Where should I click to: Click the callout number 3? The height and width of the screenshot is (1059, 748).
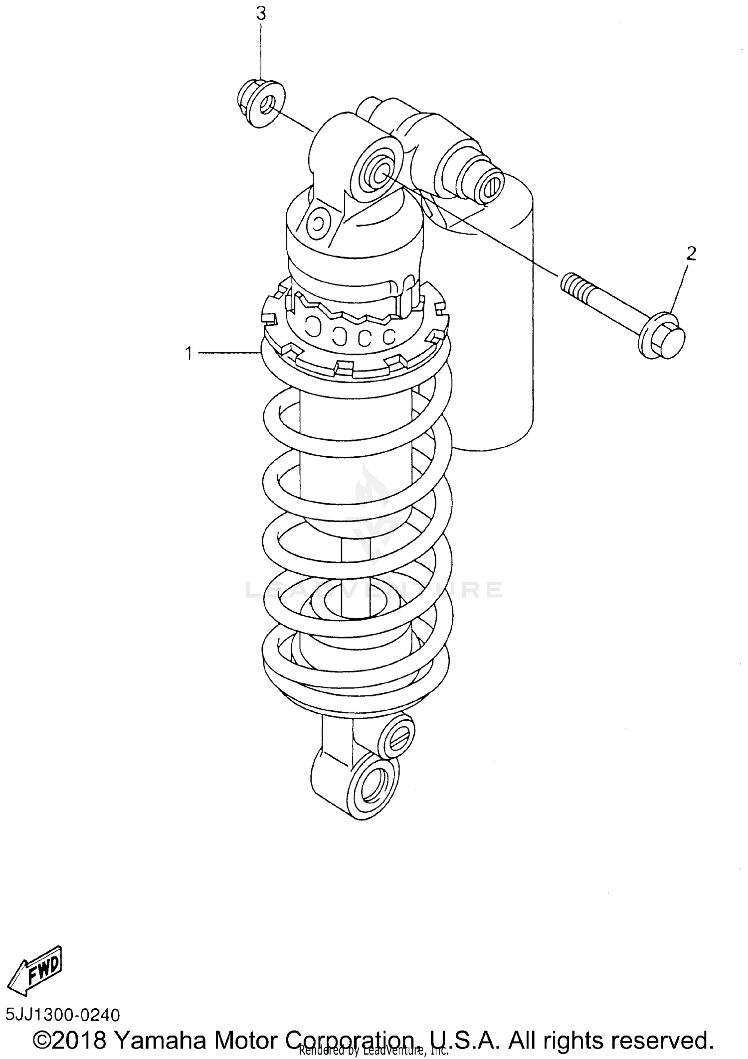click(x=261, y=14)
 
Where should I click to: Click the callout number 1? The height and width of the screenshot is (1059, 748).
click(x=188, y=354)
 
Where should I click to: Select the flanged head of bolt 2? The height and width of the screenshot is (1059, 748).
click(x=663, y=335)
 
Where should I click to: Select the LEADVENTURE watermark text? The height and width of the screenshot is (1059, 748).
click(x=374, y=590)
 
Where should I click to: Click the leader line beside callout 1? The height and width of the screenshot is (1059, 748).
click(x=229, y=353)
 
